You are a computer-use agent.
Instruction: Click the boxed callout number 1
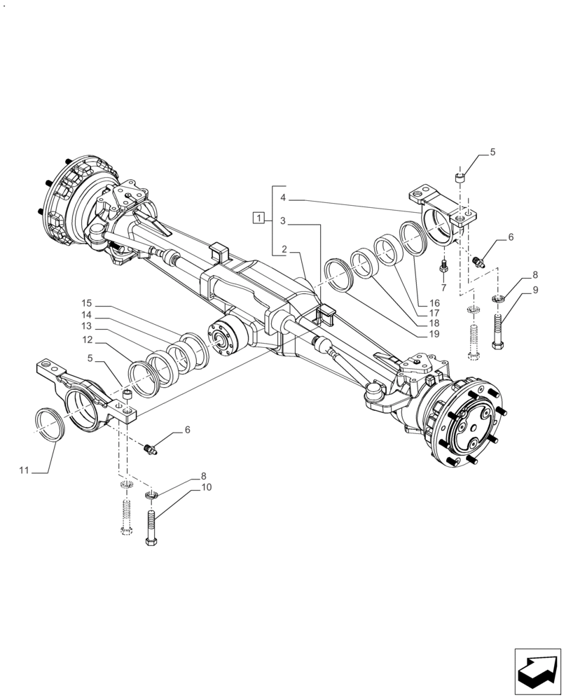point(259,218)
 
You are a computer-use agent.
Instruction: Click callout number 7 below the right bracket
point(443,288)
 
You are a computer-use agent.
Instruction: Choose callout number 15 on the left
point(86,304)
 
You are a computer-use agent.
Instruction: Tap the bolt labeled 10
point(152,526)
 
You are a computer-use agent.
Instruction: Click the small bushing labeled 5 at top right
point(460,178)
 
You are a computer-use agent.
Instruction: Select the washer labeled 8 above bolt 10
point(151,496)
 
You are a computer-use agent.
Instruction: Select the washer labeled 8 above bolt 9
point(498,300)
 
